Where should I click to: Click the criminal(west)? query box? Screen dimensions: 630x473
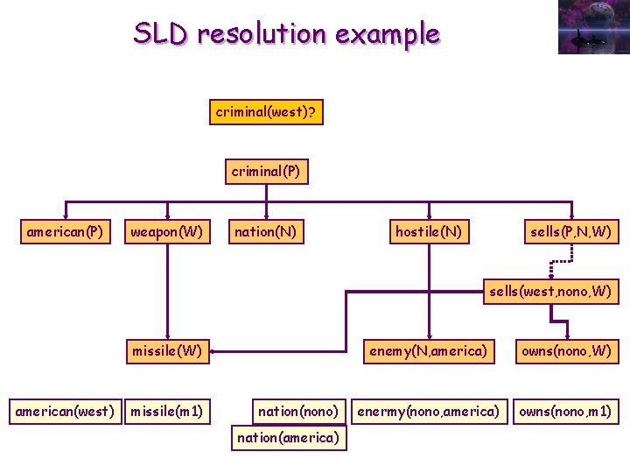click(266, 112)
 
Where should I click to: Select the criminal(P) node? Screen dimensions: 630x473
click(266, 172)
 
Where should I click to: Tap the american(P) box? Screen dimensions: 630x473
click(66, 231)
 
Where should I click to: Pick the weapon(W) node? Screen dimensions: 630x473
click(167, 231)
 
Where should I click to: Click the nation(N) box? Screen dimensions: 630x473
click(266, 231)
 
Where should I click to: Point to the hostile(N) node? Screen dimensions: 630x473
click(429, 231)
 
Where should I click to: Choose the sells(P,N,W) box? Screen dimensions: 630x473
click(571, 231)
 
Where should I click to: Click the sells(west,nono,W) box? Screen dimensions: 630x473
click(551, 291)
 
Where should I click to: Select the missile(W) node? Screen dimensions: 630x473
click(167, 351)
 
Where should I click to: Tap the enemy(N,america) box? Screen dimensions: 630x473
click(429, 351)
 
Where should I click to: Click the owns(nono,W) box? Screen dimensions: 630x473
click(567, 351)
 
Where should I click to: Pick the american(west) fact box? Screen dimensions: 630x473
click(65, 412)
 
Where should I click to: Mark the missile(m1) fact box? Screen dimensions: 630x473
click(167, 412)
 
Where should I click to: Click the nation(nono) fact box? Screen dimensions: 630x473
click(299, 412)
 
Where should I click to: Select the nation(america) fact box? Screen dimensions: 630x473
click(289, 438)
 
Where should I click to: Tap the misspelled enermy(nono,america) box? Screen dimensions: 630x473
click(429, 412)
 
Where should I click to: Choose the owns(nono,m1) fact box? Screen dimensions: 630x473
click(566, 412)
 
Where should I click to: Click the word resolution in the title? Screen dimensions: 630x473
click(262, 33)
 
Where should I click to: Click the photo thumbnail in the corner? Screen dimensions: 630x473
click(594, 27)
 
